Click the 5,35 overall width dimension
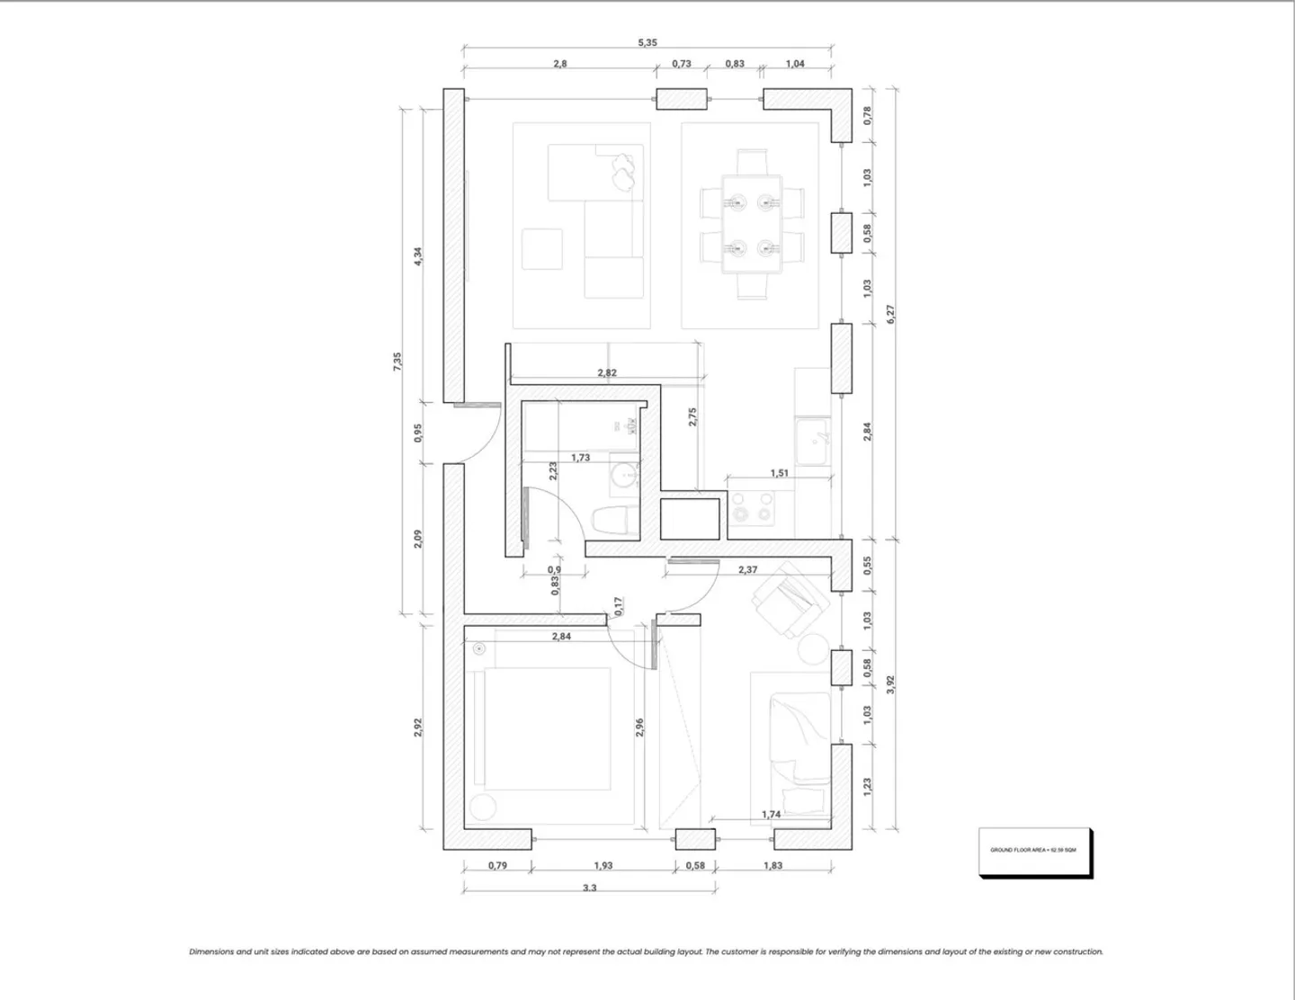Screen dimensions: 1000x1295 pyautogui.click(x=647, y=42)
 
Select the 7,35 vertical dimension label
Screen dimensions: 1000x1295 pyautogui.click(x=397, y=361)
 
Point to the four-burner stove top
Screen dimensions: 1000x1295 pyautogui.click(x=752, y=507)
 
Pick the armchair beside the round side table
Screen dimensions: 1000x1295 pyautogui.click(x=787, y=601)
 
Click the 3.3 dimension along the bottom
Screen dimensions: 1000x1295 pyautogui.click(x=589, y=887)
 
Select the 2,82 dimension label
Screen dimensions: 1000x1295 pyautogui.click(x=607, y=372)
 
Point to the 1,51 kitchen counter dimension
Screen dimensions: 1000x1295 pyautogui.click(x=779, y=473)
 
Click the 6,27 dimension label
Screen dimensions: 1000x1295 pyautogui.click(x=890, y=314)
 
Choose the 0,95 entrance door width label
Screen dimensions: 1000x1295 pyautogui.click(x=418, y=433)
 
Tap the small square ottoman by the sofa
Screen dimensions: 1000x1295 pyautogui.click(x=542, y=248)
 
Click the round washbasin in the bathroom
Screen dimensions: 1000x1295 pyautogui.click(x=623, y=475)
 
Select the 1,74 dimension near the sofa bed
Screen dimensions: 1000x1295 pyautogui.click(x=771, y=814)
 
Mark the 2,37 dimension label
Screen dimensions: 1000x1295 pyautogui.click(x=747, y=569)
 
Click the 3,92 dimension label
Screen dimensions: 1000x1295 pyautogui.click(x=890, y=683)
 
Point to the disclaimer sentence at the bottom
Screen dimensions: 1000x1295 pyautogui.click(x=646, y=951)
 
